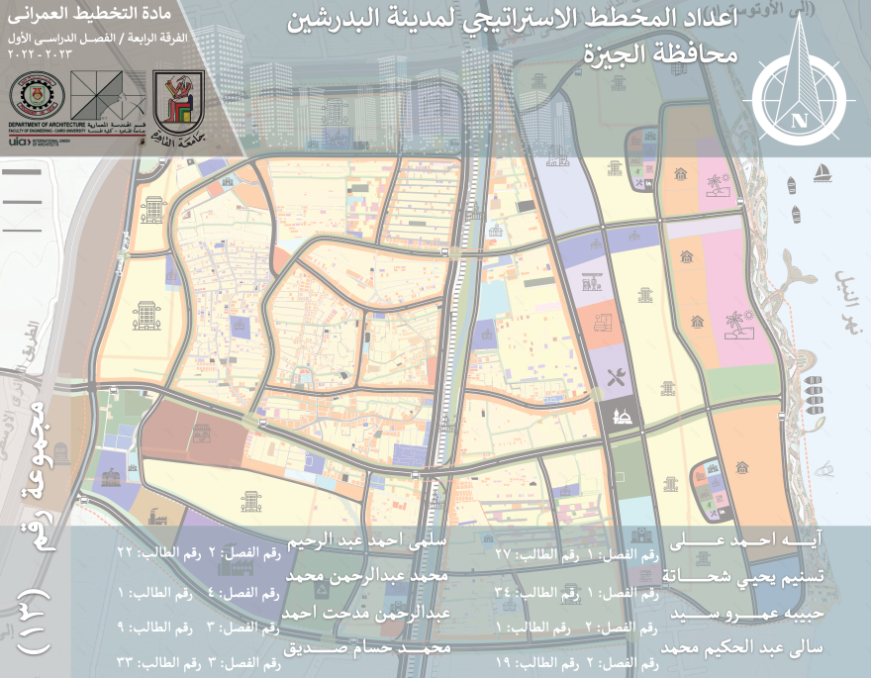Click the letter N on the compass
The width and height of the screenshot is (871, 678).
(x=798, y=121)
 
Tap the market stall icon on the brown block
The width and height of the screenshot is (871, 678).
(x=202, y=433)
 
